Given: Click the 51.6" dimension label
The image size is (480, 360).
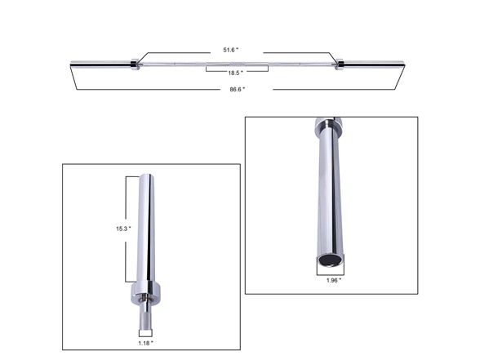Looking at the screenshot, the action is coord(231,50).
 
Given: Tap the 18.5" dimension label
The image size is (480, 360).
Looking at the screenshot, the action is coord(235,73).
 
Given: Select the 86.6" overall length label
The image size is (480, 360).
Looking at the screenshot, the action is coord(238,90).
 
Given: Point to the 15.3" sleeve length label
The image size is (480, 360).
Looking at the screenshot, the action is coord(123,229).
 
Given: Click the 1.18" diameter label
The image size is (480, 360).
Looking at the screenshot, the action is coord(145,343).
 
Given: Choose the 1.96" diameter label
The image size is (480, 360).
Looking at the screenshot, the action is coord(334,280).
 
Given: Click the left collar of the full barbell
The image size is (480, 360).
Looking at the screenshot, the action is coord(135,64).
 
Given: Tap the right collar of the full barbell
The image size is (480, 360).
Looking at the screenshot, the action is coord(340,64).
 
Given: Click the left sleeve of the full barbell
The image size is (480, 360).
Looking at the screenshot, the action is coord(100,64).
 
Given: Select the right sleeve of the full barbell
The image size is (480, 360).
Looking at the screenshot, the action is coord(374,64).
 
